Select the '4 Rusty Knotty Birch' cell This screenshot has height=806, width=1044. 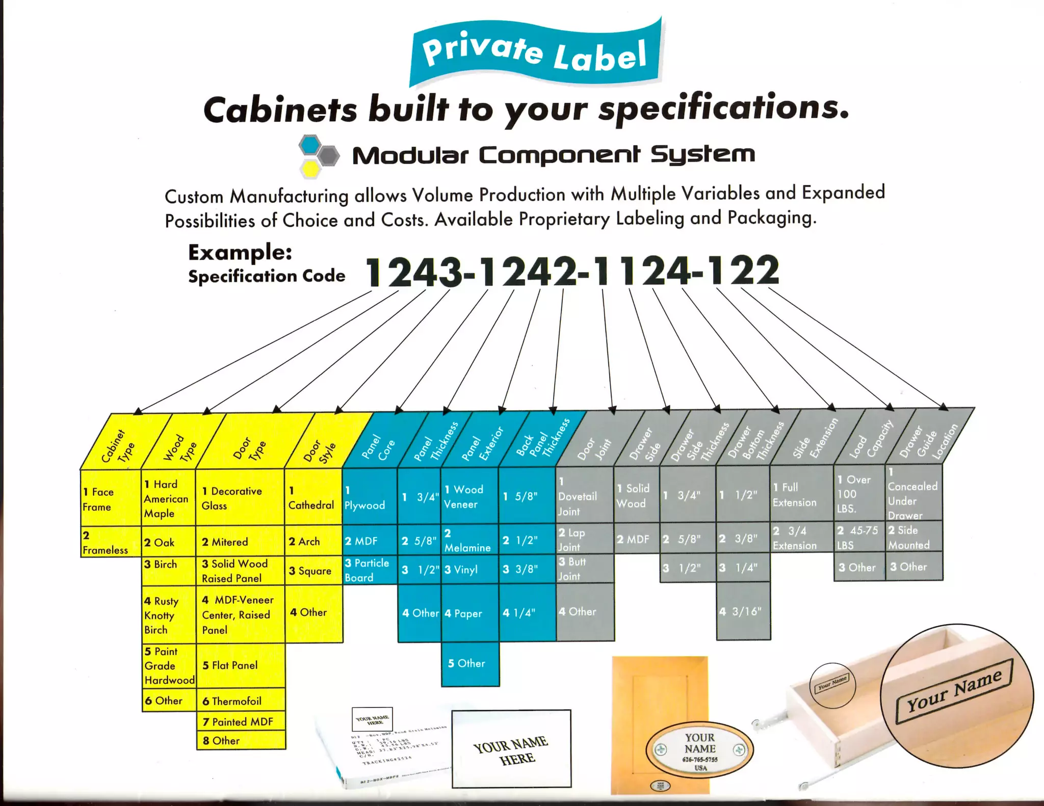(168, 615)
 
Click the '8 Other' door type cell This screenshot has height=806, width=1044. (241, 740)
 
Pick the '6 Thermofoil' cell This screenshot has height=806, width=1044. (241, 701)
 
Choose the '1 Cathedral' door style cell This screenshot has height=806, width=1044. (312, 498)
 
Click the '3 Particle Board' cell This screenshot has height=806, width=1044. (369, 570)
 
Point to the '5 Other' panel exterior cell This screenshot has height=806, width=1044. (470, 663)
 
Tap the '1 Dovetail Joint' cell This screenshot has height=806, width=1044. (584, 496)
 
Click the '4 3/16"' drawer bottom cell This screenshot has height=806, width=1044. (743, 611)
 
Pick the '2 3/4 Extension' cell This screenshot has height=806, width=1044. (801, 538)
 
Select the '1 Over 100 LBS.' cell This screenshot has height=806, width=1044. (859, 494)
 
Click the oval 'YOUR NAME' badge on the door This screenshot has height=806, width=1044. (699, 748)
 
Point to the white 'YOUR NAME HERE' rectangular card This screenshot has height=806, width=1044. (511, 749)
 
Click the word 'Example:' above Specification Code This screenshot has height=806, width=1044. (240, 252)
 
